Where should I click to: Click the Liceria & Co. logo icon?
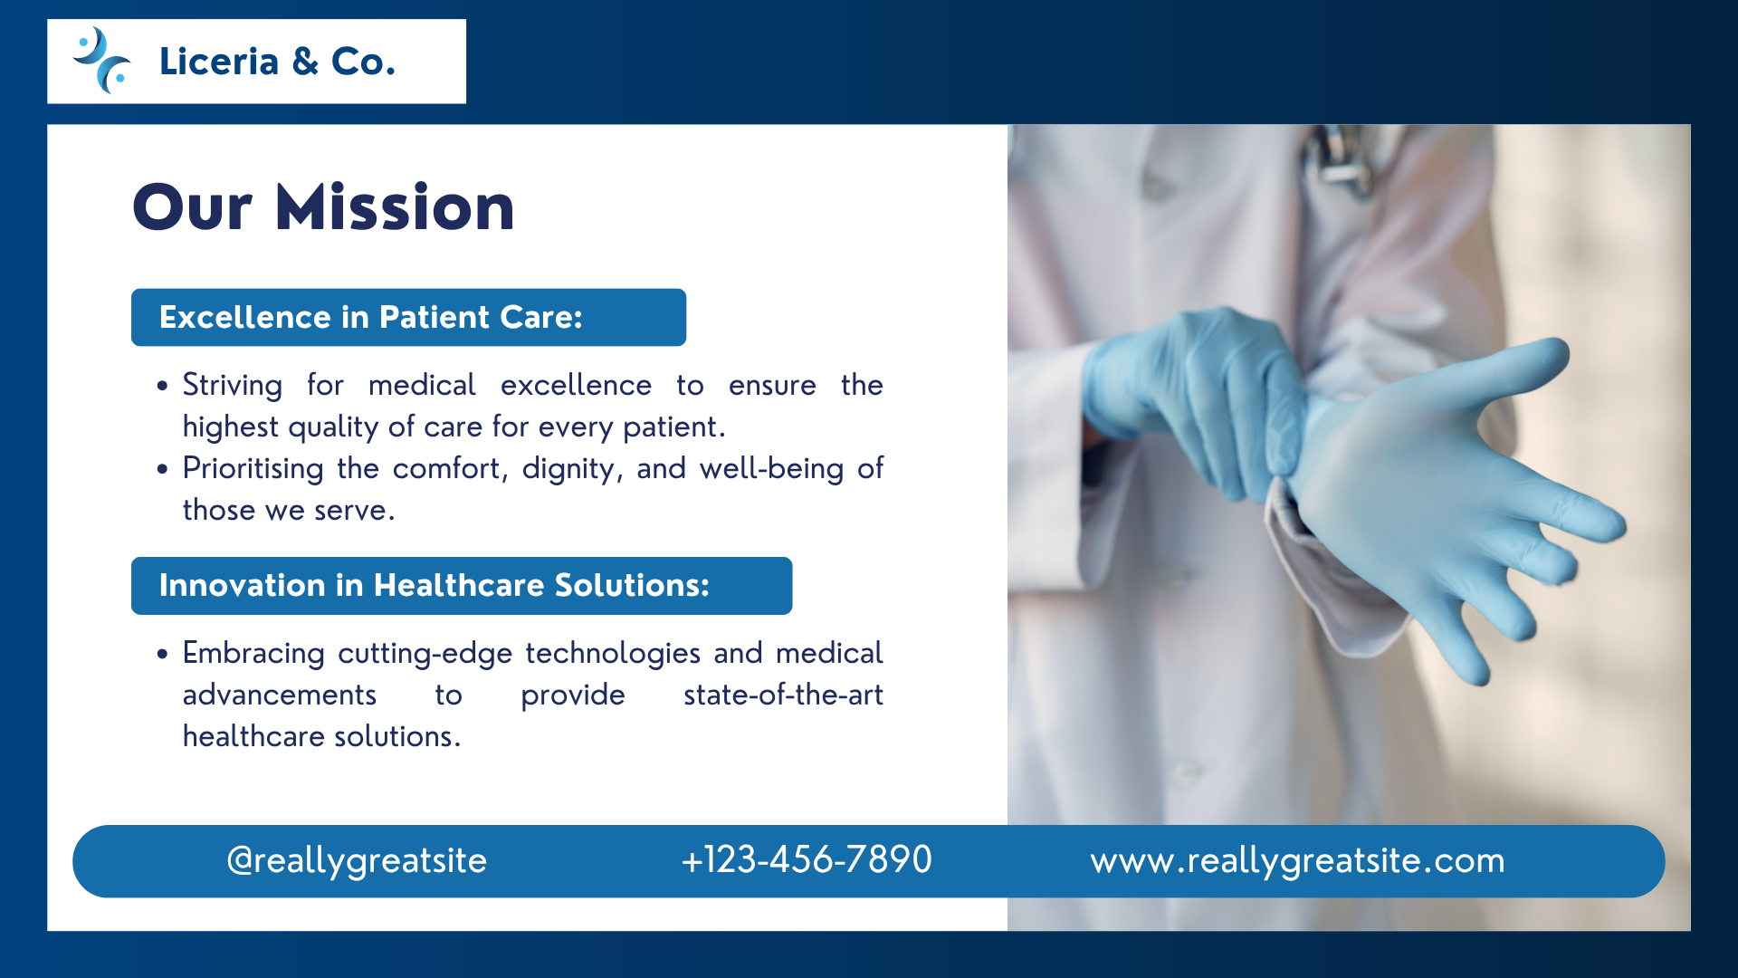coord(101,61)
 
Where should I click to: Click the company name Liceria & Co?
coord(277,62)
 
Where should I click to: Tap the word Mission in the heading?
coord(395,207)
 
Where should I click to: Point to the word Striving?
coord(233,386)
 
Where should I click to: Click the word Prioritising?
coord(253,469)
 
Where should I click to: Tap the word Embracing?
coord(253,654)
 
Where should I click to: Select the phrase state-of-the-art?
coord(783,695)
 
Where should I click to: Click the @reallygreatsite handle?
coord(357,860)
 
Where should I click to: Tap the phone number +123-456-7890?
coord(807,859)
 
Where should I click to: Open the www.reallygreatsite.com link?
coord(1297,860)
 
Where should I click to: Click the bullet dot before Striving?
coord(162,386)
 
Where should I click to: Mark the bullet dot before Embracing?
coord(162,654)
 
